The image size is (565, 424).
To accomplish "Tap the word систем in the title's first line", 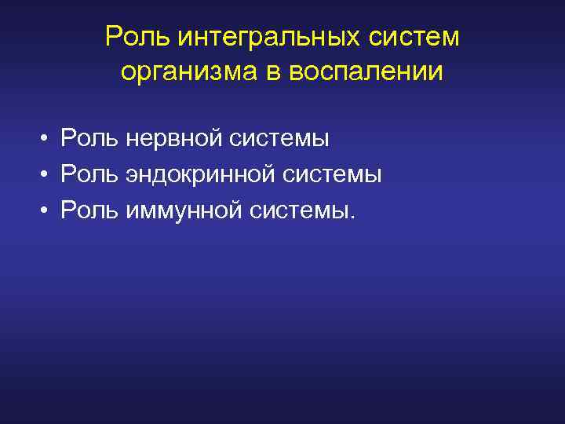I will [414, 37].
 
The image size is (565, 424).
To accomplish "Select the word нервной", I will [173, 139].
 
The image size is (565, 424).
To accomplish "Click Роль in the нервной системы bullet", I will [89, 139].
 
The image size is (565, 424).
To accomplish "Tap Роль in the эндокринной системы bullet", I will [89, 174].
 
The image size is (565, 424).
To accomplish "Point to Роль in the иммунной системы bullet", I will [89, 210].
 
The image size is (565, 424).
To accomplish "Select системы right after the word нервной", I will [279, 139].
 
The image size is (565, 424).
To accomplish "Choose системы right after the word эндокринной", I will [332, 174].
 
